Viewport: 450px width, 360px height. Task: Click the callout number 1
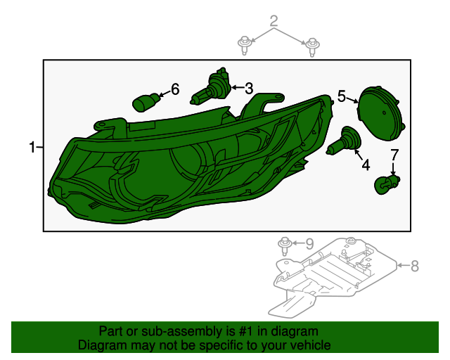point(32,147)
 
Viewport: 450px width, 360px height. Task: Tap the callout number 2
point(274,21)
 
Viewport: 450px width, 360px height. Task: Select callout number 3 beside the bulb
point(248,89)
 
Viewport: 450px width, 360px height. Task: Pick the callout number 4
point(366,166)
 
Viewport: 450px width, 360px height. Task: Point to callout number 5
point(342,96)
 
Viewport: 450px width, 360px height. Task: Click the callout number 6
point(175,89)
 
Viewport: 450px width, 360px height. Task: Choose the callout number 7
point(394,155)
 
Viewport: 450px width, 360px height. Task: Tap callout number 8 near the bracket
point(414,266)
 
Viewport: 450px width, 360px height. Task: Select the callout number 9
point(309,243)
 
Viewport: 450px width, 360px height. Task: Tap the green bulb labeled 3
point(214,87)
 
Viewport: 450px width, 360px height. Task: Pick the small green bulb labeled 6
point(146,103)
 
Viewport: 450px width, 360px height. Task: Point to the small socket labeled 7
point(386,184)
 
